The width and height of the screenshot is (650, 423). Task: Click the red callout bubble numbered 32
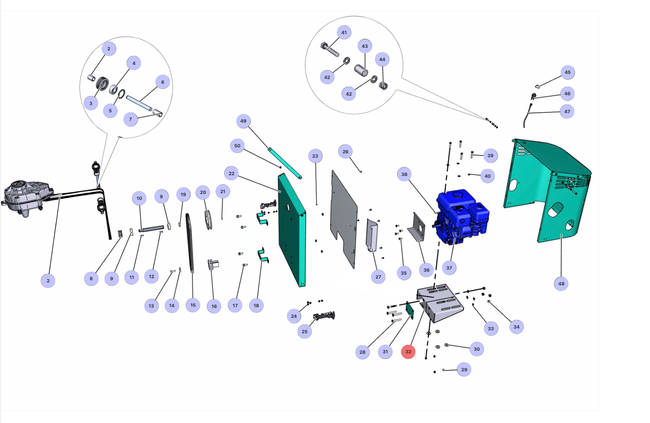(408, 352)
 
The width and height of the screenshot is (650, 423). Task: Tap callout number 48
(561, 283)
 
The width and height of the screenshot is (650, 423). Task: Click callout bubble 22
(231, 173)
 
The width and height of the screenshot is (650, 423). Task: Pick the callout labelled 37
(449, 268)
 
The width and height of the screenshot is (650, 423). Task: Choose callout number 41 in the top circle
(344, 32)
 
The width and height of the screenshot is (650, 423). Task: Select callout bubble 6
(162, 82)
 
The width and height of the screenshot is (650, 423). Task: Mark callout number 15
(193, 305)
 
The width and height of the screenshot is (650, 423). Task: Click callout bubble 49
(243, 121)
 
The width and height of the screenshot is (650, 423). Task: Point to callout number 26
(345, 151)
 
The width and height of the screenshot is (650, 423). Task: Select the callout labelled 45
(568, 72)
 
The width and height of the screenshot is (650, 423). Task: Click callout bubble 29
(464, 370)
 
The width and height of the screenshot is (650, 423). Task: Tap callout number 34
(516, 327)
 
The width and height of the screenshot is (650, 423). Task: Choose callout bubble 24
(294, 316)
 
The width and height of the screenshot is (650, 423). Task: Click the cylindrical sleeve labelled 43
(361, 70)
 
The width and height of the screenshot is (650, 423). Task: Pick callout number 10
(139, 198)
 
